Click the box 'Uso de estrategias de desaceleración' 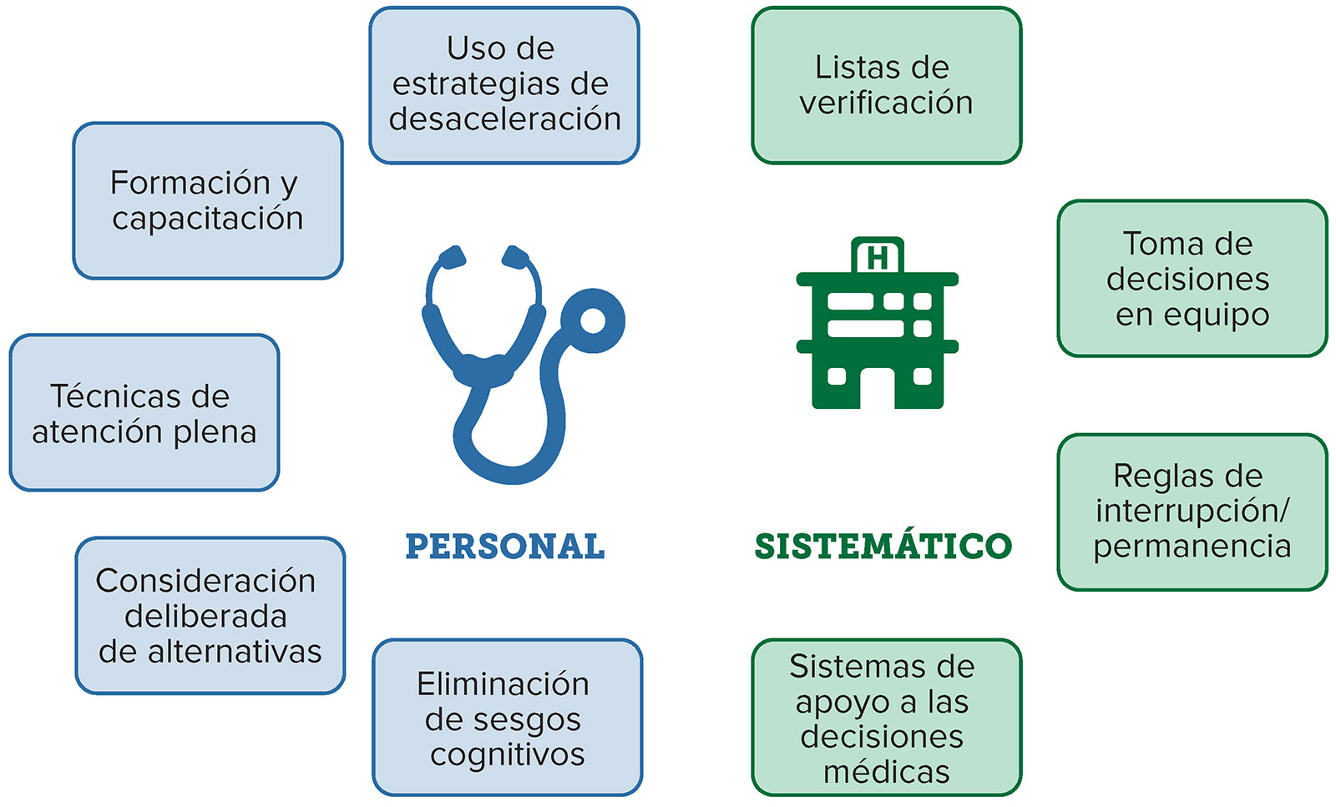point(504,84)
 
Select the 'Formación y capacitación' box point(208,200)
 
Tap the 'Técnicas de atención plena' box point(144,412)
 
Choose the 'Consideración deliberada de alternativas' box point(210,616)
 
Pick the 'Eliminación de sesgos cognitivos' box point(507,718)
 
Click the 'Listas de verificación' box point(886,84)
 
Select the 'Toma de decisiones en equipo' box point(1192,279)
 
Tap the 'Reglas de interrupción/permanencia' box point(1192,512)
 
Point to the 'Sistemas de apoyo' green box point(886,718)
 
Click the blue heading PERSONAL point(505,546)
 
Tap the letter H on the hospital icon point(878,258)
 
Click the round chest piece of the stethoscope point(592,320)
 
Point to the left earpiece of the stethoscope point(453,256)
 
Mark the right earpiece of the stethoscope point(515,256)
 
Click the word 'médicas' point(886,772)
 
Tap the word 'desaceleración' point(505,119)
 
